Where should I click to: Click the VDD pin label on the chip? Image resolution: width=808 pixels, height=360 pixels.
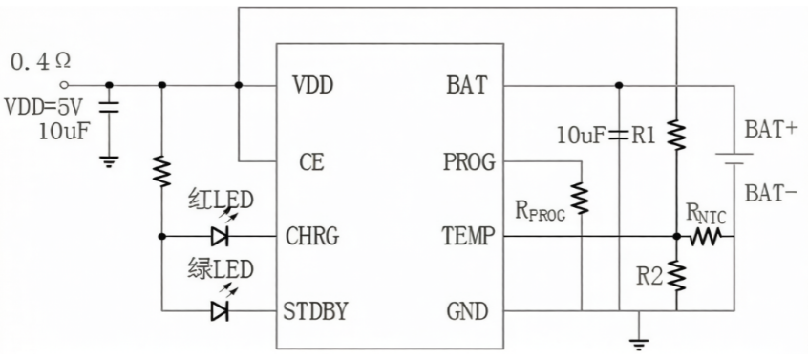click(x=312, y=85)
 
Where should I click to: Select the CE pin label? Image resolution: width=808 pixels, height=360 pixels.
click(x=311, y=162)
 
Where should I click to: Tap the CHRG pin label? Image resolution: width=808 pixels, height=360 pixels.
click(x=312, y=237)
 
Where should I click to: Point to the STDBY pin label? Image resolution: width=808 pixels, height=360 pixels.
click(x=315, y=311)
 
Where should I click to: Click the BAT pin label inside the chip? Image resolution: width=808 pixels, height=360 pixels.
click(x=466, y=85)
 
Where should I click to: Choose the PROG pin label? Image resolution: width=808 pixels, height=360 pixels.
click(x=469, y=162)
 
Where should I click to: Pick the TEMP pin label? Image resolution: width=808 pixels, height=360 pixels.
click(x=468, y=237)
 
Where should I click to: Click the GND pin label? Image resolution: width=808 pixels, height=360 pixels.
click(x=467, y=311)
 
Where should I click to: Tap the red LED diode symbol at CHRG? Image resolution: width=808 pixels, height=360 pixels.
click(x=220, y=237)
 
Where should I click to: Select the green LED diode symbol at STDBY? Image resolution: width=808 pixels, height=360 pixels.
click(x=220, y=311)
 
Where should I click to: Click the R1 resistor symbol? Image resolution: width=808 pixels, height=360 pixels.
click(x=676, y=135)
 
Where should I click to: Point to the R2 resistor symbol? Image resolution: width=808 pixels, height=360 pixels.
click(x=676, y=275)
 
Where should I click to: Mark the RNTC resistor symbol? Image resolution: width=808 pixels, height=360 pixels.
click(x=705, y=237)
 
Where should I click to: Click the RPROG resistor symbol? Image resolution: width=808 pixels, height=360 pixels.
click(x=581, y=199)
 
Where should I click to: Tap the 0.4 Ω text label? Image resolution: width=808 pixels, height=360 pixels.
click(x=40, y=62)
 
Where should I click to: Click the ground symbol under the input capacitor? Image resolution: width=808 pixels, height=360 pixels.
click(x=109, y=162)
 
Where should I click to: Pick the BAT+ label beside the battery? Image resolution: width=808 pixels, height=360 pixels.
click(x=772, y=129)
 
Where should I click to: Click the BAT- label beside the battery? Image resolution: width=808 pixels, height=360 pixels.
click(x=771, y=194)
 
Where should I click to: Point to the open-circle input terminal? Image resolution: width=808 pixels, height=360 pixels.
click(x=64, y=85)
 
